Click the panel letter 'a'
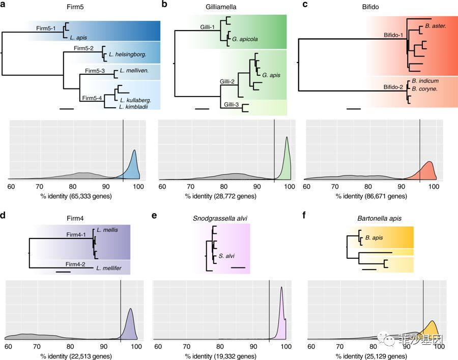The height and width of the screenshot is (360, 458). tap(5, 5)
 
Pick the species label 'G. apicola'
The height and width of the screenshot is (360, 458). tap(246, 38)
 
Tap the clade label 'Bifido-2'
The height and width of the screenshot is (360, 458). tap(394, 87)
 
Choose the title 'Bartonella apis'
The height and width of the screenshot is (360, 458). tap(381, 219)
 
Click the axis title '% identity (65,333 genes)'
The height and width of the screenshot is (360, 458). tap(75, 196)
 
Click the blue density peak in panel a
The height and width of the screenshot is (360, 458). tap(134, 151)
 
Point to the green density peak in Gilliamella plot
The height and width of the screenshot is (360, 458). tap(287, 138)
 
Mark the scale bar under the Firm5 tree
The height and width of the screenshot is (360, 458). tap(67, 108)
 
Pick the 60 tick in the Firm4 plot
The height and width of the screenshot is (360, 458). tap(8, 346)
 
